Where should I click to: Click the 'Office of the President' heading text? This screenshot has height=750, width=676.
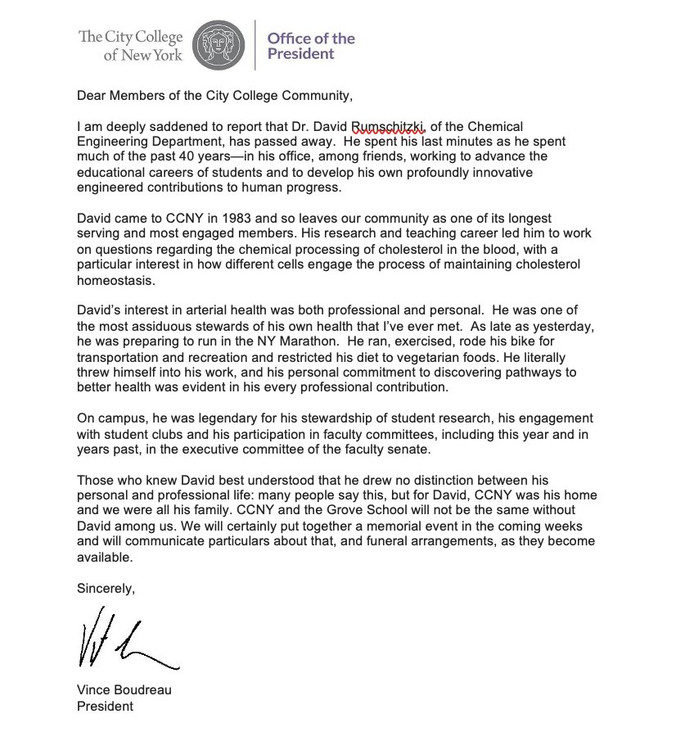click(311, 46)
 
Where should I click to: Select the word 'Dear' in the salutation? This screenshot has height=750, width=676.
click(91, 96)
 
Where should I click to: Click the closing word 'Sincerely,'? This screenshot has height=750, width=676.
click(106, 589)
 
